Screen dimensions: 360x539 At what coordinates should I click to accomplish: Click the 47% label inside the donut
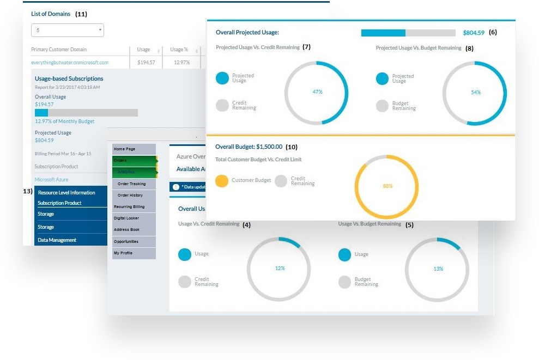coord(317,92)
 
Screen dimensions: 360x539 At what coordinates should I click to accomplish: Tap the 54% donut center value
coord(475,93)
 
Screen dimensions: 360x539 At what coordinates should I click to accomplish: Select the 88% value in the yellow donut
coord(387,186)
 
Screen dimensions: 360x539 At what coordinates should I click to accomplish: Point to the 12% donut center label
coord(280,268)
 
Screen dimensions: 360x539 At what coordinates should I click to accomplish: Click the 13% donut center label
coord(438,269)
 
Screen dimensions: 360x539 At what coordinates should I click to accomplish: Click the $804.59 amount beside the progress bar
coord(473,33)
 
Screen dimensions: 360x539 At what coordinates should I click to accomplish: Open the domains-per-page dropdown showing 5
coord(68,30)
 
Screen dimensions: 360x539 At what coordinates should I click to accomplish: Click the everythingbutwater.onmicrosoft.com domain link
coord(70,63)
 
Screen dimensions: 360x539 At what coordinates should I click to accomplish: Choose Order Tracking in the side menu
coord(131,184)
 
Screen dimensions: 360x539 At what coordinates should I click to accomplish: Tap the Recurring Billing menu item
coord(129,207)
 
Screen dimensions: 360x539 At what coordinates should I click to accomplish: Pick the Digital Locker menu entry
coord(126,218)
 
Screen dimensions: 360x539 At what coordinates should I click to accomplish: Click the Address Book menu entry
coord(126,230)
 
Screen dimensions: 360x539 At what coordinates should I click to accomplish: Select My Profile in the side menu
coord(123,253)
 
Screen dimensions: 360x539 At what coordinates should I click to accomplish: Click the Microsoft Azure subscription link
coord(51,179)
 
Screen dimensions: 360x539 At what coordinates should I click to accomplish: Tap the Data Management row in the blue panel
coord(57,240)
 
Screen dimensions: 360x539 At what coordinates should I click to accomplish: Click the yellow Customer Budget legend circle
coord(222,181)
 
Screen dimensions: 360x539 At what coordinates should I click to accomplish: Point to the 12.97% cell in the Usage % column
coord(181,63)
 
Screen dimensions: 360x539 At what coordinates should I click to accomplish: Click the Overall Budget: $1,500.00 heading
coord(249,147)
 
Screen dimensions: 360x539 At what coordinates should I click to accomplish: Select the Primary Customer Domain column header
coord(58,50)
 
